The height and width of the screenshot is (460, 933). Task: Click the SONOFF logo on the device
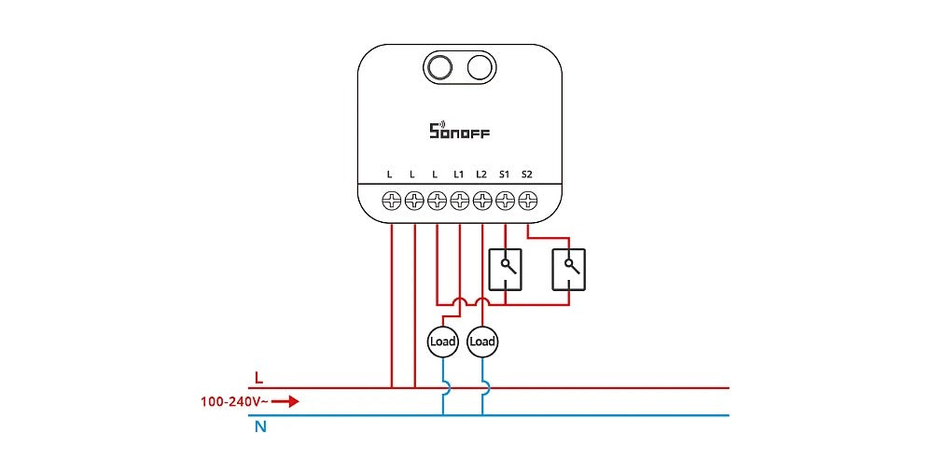[459, 131]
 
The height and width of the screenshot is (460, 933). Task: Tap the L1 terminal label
[459, 174]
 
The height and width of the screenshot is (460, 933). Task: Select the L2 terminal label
[481, 174]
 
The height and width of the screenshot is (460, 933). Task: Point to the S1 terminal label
[504, 174]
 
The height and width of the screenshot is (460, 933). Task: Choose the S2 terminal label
[526, 174]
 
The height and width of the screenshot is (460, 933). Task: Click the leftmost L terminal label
[391, 174]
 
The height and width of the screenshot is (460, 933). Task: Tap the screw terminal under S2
[527, 200]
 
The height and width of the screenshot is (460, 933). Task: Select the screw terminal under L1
[459, 200]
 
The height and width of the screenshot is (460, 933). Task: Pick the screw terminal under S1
[505, 200]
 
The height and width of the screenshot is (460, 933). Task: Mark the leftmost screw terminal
[392, 200]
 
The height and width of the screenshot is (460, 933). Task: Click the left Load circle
[443, 342]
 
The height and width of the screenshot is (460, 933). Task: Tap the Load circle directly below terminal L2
[482, 342]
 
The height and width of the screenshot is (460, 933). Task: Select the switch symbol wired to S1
[505, 268]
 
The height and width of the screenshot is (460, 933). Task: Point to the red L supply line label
[258, 379]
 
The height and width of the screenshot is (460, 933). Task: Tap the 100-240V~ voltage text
[236, 402]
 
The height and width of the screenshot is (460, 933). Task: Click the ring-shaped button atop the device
[439, 67]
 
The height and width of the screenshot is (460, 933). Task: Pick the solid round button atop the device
[480, 67]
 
